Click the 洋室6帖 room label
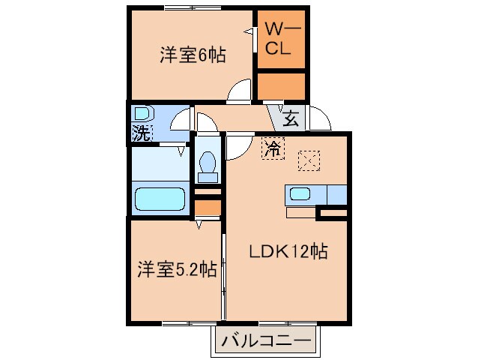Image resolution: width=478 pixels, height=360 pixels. [x=193, y=55]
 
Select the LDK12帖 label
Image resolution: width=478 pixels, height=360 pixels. [x=288, y=252]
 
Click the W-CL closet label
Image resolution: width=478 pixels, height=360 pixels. [x=281, y=37]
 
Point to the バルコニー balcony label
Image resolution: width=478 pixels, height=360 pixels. [x=265, y=342]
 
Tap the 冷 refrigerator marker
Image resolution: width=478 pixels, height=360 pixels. [x=273, y=148]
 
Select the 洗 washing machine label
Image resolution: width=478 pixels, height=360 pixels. [x=141, y=133]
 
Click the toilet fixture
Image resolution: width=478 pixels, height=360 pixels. [x=208, y=167]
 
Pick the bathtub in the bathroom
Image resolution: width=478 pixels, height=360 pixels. [x=160, y=199]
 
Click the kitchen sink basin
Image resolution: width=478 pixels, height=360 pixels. [x=300, y=194]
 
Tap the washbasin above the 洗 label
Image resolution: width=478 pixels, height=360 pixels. [x=142, y=115]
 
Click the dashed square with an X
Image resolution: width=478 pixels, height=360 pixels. [x=309, y=160]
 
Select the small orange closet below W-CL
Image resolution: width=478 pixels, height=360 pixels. [x=281, y=86]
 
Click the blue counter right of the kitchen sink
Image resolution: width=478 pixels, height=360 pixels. [x=336, y=194]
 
